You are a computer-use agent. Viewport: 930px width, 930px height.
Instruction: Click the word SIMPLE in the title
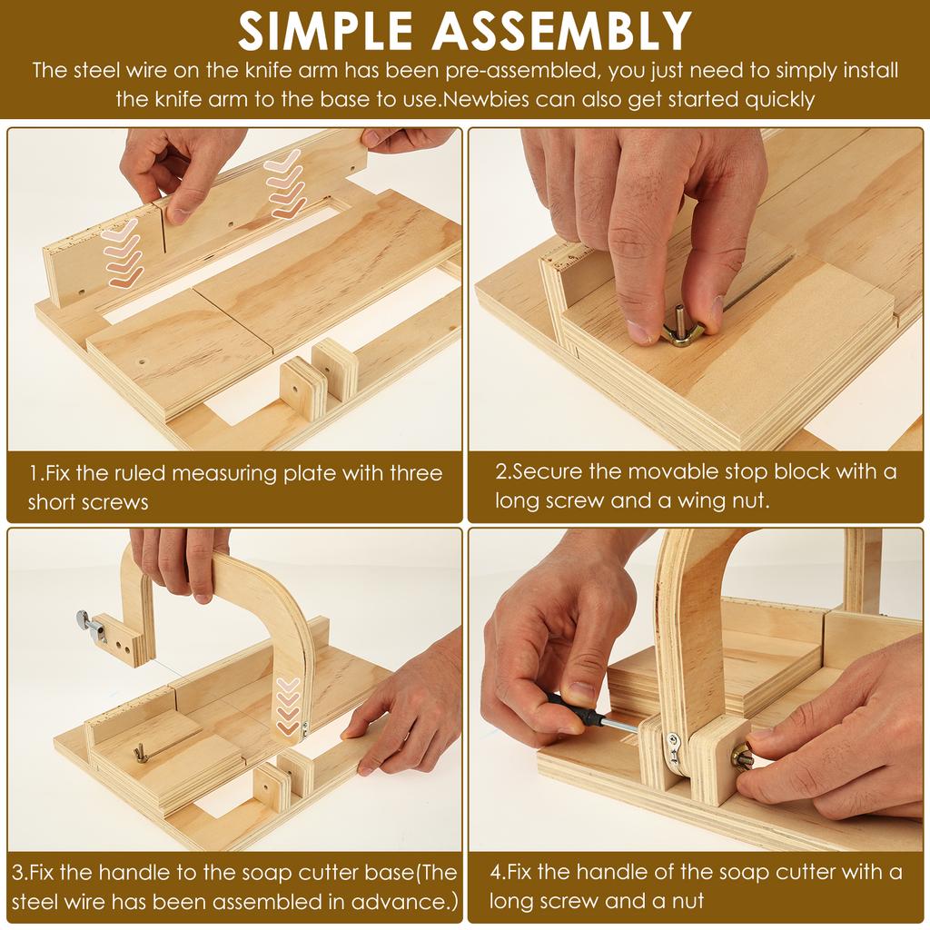pos(325,30)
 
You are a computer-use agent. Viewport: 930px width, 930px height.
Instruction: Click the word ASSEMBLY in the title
pos(561,30)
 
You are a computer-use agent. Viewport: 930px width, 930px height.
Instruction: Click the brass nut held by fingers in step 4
pos(743,757)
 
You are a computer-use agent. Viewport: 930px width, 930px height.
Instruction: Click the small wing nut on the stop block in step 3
pos(140,753)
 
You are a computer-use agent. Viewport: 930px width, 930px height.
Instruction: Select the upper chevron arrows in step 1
pos(284,183)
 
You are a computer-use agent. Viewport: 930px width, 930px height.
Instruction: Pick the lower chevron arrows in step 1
pos(123,252)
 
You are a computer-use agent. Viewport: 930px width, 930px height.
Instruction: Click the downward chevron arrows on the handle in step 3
pos(288,707)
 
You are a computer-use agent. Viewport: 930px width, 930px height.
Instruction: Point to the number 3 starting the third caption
pos(19,873)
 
